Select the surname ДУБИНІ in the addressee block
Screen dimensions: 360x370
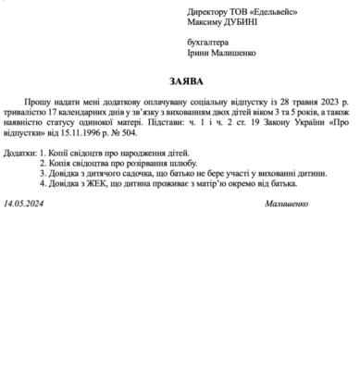(240, 22)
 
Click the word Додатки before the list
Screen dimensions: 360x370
(21, 152)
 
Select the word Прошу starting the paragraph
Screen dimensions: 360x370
(37, 97)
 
